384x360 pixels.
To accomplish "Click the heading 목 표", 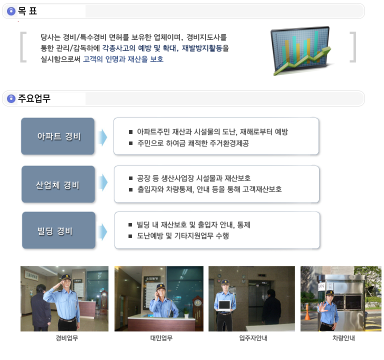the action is [27, 11].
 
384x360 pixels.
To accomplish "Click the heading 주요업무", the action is [34, 98].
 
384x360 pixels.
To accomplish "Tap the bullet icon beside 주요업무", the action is [11, 98].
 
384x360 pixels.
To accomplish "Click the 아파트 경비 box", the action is [58, 136].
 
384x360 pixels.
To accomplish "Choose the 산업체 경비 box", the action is [58, 184].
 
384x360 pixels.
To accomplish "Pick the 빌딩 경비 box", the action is [58, 230].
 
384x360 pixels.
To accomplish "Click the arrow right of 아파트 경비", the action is [103, 137].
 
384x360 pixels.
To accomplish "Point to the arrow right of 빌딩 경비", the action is [103, 231].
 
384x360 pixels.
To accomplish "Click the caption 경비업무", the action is [66, 338].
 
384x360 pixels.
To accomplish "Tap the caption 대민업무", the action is [161, 338].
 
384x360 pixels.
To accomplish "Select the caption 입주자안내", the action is [253, 338].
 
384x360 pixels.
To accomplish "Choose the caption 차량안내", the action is [343, 338].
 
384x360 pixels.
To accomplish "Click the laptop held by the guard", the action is [224, 305].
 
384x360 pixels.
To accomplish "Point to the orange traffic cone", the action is [307, 311].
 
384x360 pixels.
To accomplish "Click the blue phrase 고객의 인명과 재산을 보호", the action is [123, 59].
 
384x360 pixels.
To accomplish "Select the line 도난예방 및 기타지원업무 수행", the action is [182, 236].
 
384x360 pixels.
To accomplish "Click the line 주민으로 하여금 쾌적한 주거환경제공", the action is [193, 143].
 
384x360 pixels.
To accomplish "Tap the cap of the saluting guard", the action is [66, 277].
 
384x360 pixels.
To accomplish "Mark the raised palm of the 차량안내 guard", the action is [322, 307].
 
